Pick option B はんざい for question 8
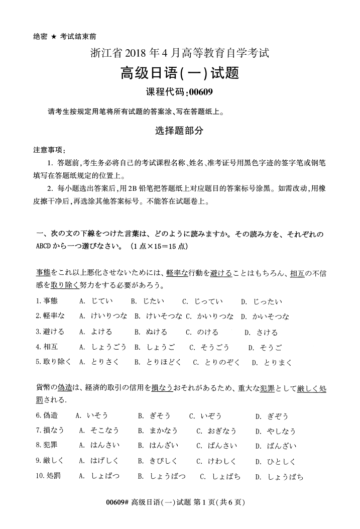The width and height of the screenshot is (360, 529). point(157,446)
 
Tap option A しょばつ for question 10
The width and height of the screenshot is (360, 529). point(100,476)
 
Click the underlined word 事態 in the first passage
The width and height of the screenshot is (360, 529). point(44,273)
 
